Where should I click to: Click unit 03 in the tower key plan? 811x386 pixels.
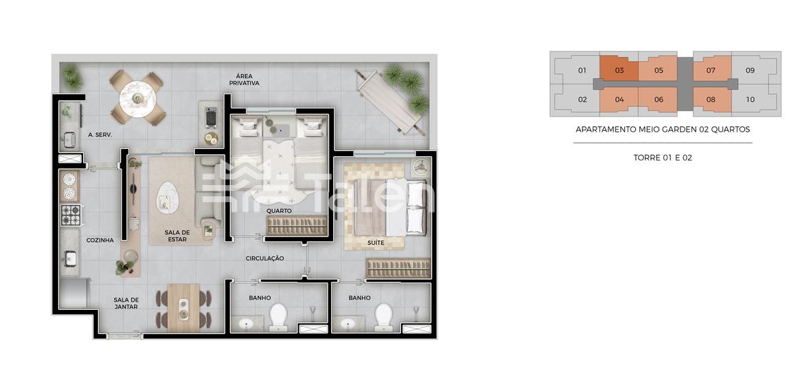click(x=619, y=69)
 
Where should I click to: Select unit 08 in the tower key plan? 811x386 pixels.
click(x=711, y=99)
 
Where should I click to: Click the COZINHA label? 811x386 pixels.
click(x=100, y=240)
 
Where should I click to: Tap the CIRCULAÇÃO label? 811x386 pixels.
click(x=265, y=258)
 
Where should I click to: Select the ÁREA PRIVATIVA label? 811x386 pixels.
click(x=244, y=80)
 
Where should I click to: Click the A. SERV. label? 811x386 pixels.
click(x=100, y=135)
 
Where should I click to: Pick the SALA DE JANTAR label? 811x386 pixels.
click(x=127, y=303)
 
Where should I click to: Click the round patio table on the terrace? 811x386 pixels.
click(x=137, y=97)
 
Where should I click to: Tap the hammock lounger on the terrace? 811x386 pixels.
click(x=389, y=101)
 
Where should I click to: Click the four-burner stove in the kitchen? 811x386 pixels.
click(x=71, y=215)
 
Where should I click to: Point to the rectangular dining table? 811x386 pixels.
click(x=183, y=307)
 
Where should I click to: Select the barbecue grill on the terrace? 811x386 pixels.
click(x=211, y=117)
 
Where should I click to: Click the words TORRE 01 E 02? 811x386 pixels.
click(x=663, y=158)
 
